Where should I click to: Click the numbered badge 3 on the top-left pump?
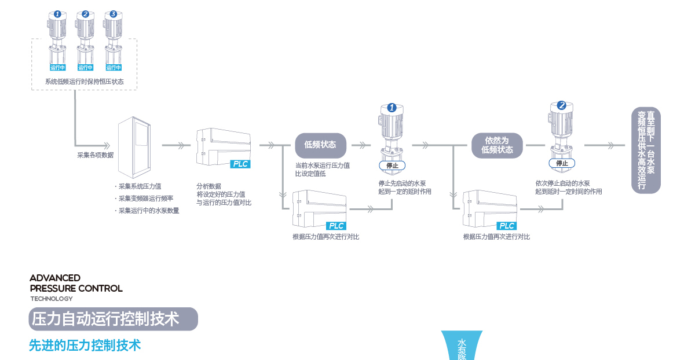coord(114,14)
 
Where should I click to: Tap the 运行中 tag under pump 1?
coord(57,68)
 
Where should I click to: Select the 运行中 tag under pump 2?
coord(85,68)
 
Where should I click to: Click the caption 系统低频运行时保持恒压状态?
coord(85,82)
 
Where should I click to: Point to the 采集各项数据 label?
coord(95,155)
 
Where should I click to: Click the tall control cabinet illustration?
coord(134,147)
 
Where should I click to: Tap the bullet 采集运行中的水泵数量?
coord(147,211)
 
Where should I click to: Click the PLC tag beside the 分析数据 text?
coord(240,164)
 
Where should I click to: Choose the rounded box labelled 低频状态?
coord(320,145)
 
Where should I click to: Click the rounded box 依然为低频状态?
coord(497,145)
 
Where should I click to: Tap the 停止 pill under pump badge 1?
coord(392,166)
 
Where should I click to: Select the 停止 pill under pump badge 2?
coord(562,163)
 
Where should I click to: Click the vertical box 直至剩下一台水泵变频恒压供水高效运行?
coord(646,150)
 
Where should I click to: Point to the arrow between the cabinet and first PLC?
coord(176,145)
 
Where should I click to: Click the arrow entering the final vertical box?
coord(605,145)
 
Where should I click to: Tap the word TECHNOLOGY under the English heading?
coord(52,299)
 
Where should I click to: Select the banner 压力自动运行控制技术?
coord(114,319)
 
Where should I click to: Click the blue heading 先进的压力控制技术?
coord(85,346)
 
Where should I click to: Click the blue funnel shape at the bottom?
coord(462,346)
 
